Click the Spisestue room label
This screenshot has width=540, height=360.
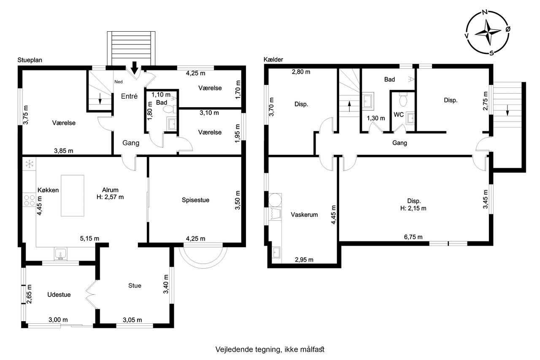[195, 200]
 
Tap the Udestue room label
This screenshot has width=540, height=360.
[59, 295]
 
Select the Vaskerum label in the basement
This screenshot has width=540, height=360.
[304, 214]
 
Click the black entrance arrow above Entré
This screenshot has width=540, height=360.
[135, 68]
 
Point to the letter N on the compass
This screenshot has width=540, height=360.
[485, 12]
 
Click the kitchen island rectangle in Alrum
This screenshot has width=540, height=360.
[73, 195]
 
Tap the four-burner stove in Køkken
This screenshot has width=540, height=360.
[30, 200]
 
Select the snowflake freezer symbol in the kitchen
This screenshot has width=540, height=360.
[30, 164]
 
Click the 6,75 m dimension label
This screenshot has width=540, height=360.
[413, 237]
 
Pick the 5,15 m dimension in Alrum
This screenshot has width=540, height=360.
[90, 238]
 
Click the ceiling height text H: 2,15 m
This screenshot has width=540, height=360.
[413, 208]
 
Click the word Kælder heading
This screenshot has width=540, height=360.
[273, 60]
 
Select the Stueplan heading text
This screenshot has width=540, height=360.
[30, 60]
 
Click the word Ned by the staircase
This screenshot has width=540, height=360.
[119, 82]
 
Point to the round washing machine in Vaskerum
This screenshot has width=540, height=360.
[275, 200]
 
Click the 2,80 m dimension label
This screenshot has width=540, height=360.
[301, 72]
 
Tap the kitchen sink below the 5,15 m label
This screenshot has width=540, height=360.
[60, 254]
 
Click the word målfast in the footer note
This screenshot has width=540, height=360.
[312, 349]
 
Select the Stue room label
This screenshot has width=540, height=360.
[135, 285]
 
